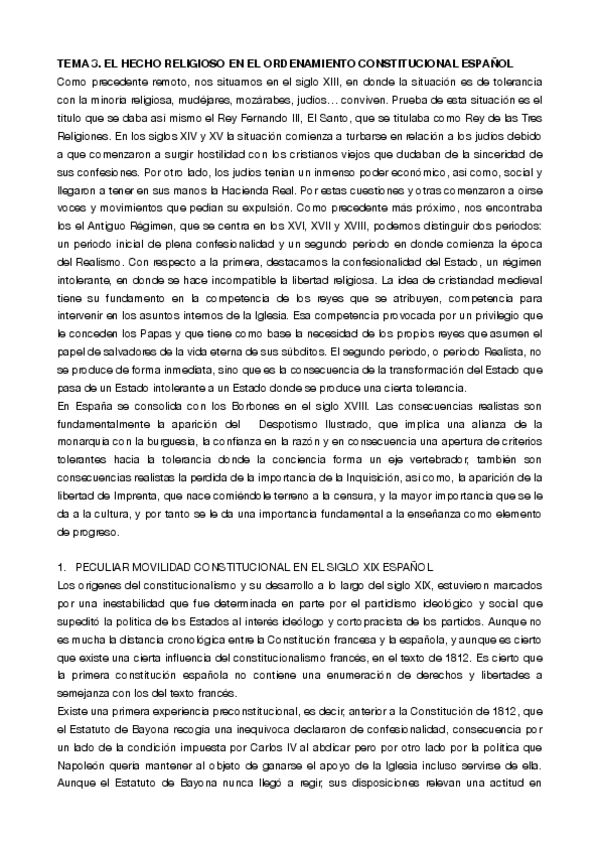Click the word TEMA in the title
pyautogui.click(x=73, y=62)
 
